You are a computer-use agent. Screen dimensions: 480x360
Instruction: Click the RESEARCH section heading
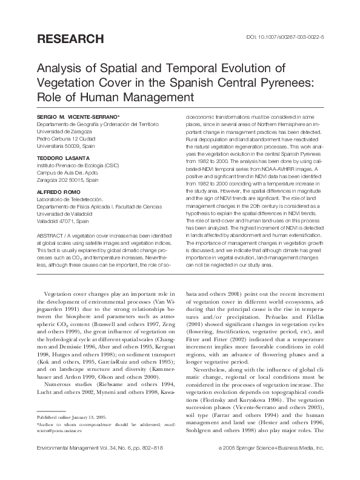[x=70, y=39]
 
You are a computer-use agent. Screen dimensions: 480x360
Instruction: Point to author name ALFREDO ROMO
[x=57, y=188]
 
